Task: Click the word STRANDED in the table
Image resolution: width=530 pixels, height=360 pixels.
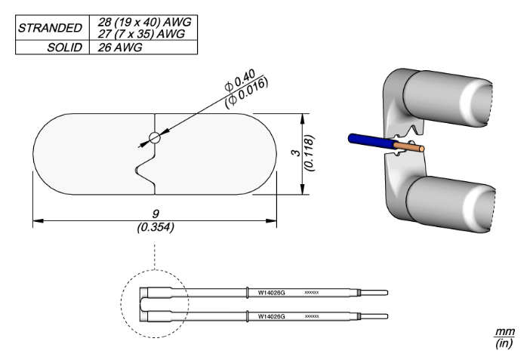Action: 50,28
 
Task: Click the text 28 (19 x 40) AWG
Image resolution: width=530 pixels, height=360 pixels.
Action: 143,23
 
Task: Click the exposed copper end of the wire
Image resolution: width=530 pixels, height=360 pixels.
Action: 414,146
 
